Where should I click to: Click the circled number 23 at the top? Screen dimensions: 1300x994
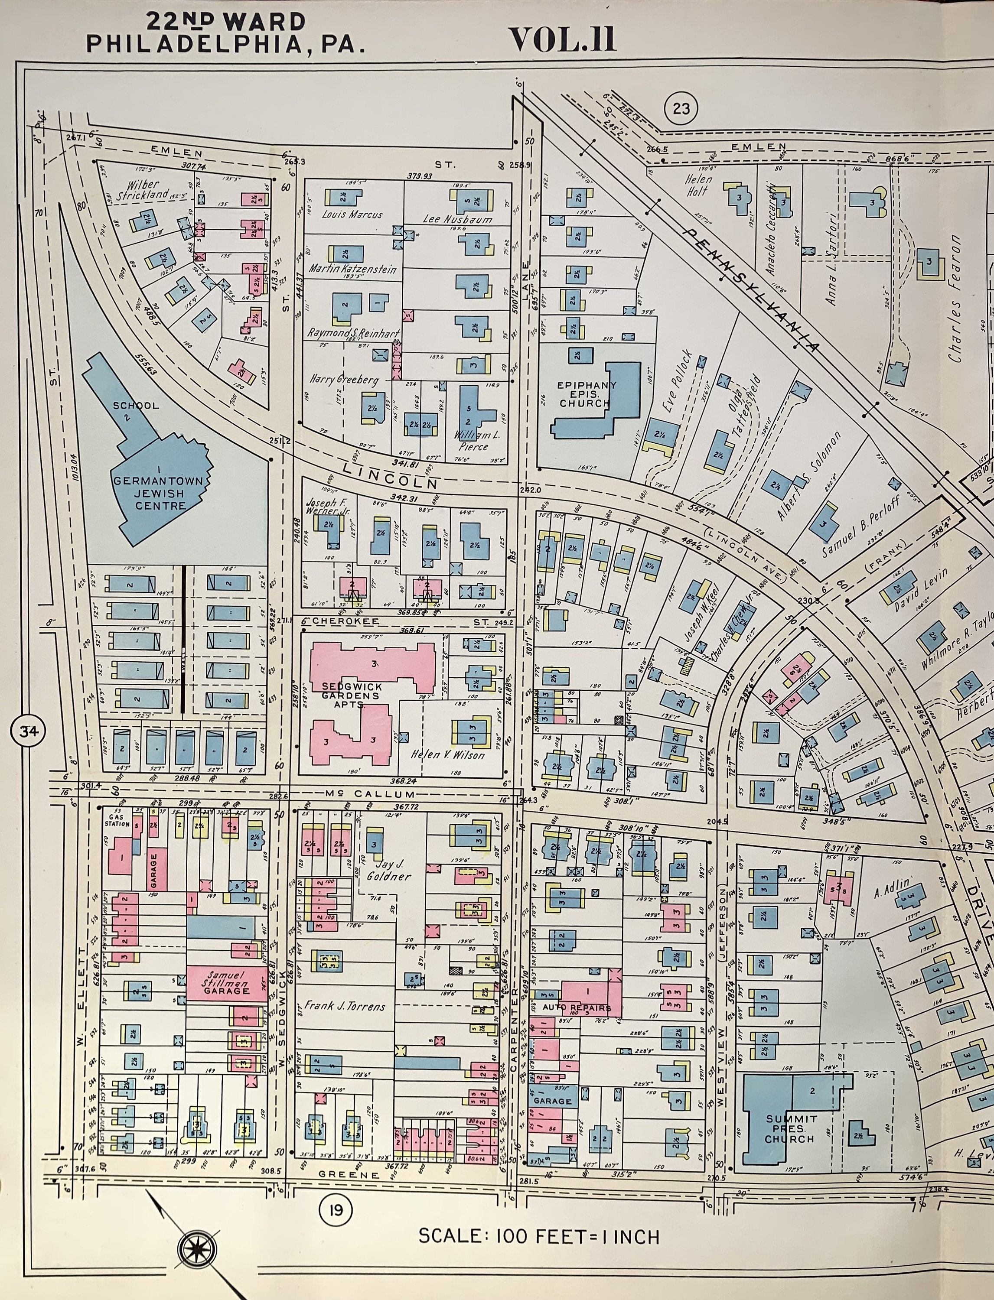(x=681, y=108)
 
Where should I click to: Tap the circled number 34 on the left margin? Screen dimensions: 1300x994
(x=28, y=731)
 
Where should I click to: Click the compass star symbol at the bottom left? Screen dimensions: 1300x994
(x=198, y=1250)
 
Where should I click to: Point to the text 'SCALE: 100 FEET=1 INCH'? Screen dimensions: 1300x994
(x=538, y=1236)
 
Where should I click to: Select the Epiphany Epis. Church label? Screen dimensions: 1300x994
(x=587, y=394)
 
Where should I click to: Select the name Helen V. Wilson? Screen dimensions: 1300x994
(x=448, y=755)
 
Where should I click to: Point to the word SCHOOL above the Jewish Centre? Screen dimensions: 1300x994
(x=136, y=406)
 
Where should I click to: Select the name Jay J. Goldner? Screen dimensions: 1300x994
(x=388, y=870)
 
